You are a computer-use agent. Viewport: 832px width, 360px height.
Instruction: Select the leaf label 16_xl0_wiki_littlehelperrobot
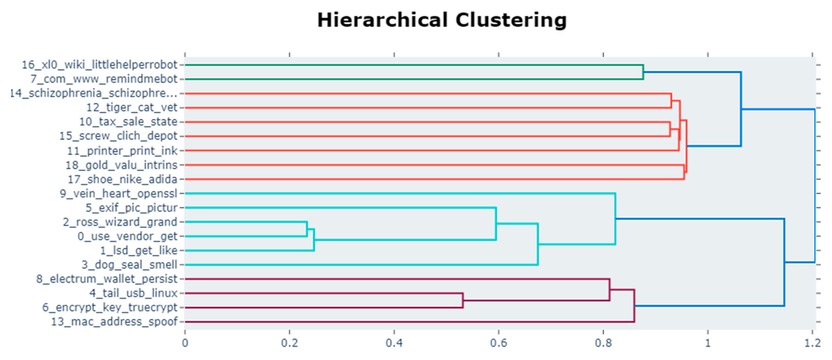click(x=99, y=65)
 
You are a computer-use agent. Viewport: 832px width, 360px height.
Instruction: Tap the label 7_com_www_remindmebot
click(x=104, y=79)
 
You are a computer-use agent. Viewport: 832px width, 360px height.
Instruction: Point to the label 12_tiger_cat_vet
click(x=132, y=108)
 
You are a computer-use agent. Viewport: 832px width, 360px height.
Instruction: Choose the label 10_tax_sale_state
click(x=128, y=122)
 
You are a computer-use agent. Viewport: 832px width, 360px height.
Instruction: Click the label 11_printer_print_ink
click(x=122, y=151)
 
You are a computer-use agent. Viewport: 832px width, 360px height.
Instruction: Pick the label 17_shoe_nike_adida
click(x=122, y=179)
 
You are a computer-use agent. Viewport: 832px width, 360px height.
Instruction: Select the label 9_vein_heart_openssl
click(x=119, y=193)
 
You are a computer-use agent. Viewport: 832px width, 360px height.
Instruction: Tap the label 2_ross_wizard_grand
click(x=120, y=222)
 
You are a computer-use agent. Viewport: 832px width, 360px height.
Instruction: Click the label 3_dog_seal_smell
click(x=129, y=265)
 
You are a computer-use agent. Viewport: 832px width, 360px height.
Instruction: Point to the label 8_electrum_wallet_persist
click(x=107, y=279)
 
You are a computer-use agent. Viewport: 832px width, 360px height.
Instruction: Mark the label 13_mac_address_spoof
click(x=114, y=322)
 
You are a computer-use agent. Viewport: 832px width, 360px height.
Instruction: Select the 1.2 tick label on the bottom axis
click(x=812, y=343)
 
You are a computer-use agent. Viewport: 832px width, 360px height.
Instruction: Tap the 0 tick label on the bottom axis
click(x=185, y=343)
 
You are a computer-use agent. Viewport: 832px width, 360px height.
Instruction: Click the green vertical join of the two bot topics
click(x=643, y=72)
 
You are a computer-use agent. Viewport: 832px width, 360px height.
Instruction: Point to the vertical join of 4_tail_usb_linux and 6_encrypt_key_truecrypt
click(x=463, y=300)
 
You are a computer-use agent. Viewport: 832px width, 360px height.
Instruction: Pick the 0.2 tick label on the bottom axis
click(x=289, y=343)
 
